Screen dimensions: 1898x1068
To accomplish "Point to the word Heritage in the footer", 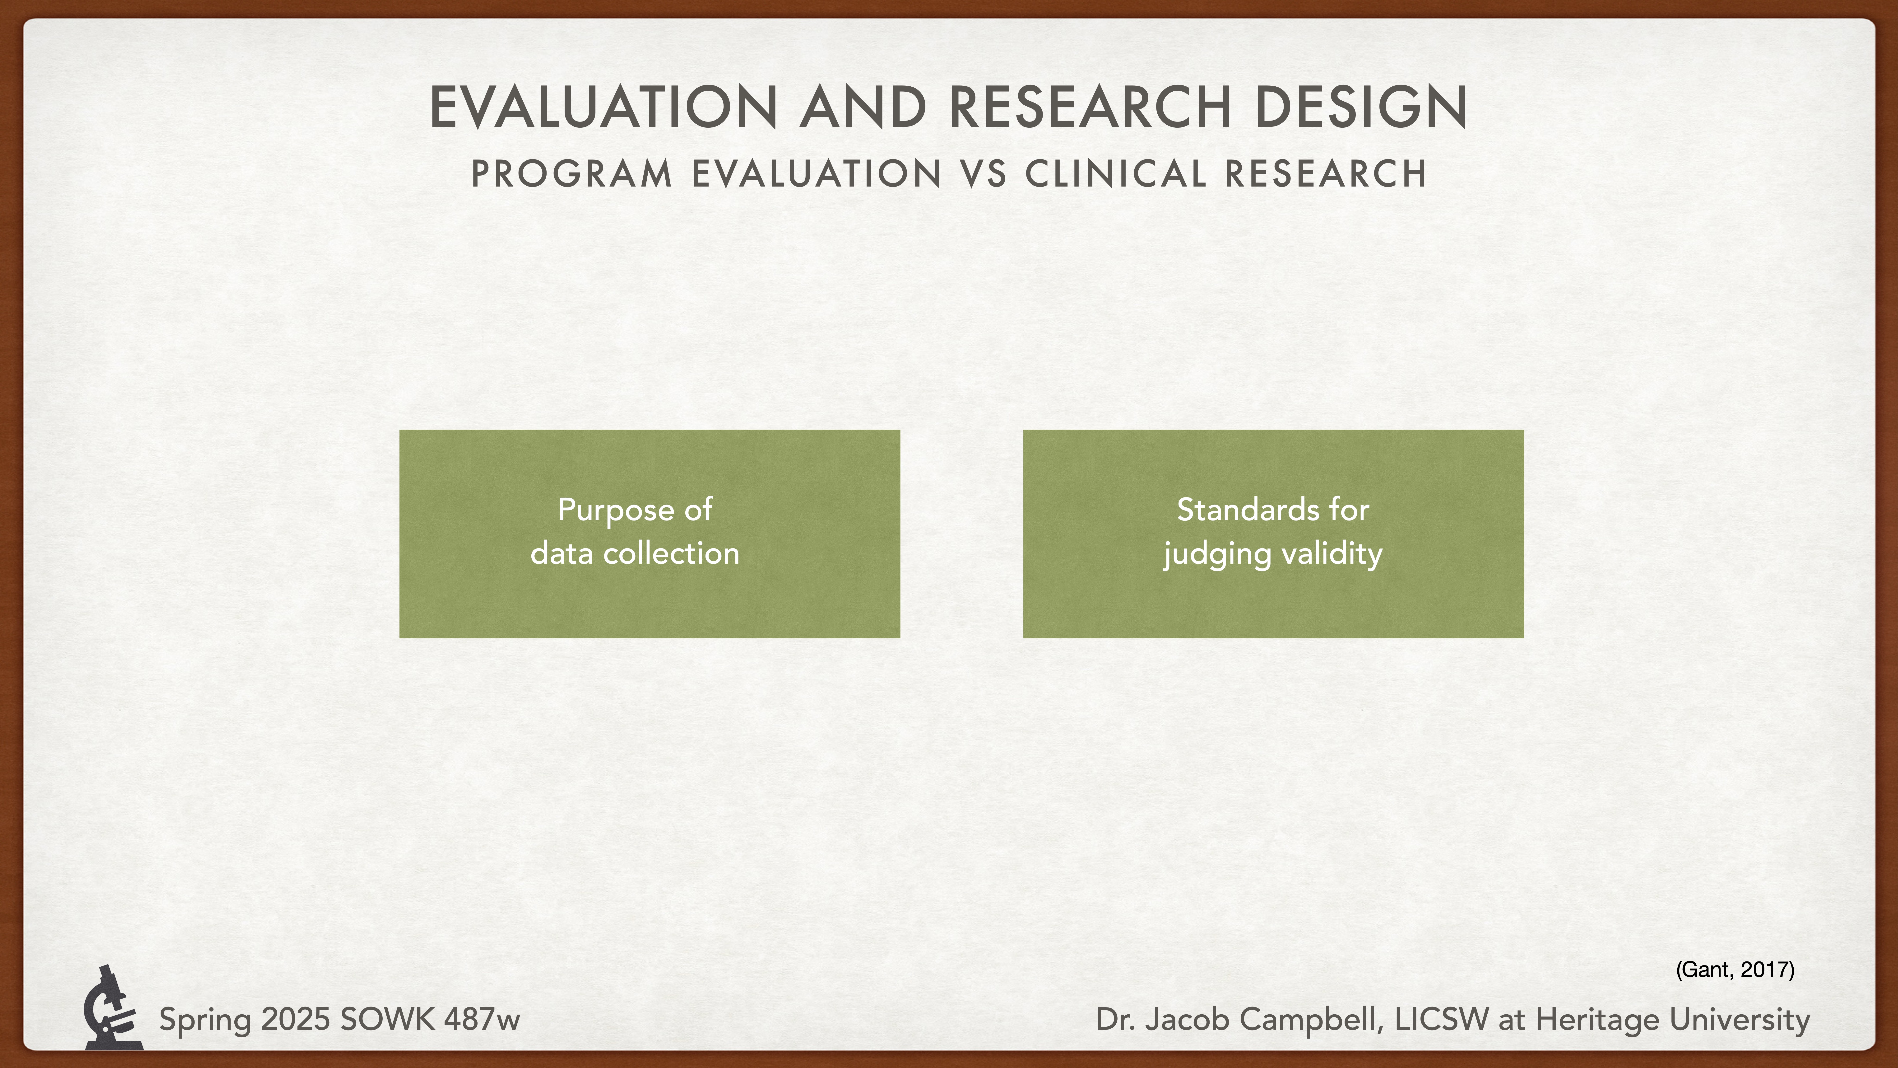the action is pyautogui.click(x=1597, y=1020).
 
